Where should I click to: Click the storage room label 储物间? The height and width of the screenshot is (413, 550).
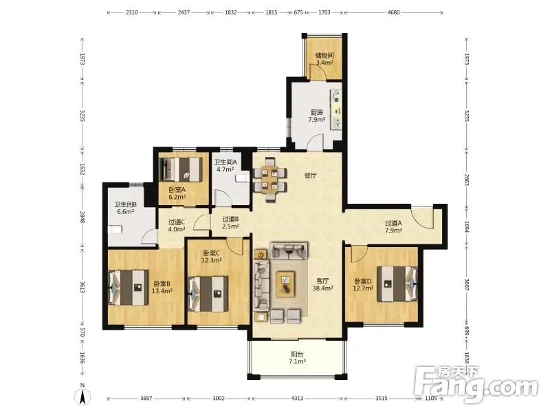[324, 56]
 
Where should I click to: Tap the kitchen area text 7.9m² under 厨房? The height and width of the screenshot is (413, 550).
[316, 120]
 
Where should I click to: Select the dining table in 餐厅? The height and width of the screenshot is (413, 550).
[270, 180]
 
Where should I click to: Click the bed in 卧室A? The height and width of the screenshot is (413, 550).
[181, 169]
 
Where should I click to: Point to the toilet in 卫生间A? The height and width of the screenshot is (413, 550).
[243, 178]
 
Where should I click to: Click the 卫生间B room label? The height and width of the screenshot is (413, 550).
[125, 204]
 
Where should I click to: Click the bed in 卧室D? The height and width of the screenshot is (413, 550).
[397, 284]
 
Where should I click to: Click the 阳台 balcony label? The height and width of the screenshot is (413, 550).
[297, 354]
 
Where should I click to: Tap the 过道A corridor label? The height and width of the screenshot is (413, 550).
[393, 223]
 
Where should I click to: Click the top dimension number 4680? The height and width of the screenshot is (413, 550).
[393, 12]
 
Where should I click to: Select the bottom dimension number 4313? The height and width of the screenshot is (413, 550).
[297, 399]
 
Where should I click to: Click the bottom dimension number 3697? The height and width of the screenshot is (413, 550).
[146, 399]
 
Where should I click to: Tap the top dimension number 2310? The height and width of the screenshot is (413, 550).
[131, 12]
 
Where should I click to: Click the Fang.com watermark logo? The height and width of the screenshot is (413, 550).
[476, 385]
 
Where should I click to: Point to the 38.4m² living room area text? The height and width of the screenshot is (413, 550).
[322, 288]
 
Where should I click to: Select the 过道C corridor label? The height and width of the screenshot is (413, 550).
[177, 222]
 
